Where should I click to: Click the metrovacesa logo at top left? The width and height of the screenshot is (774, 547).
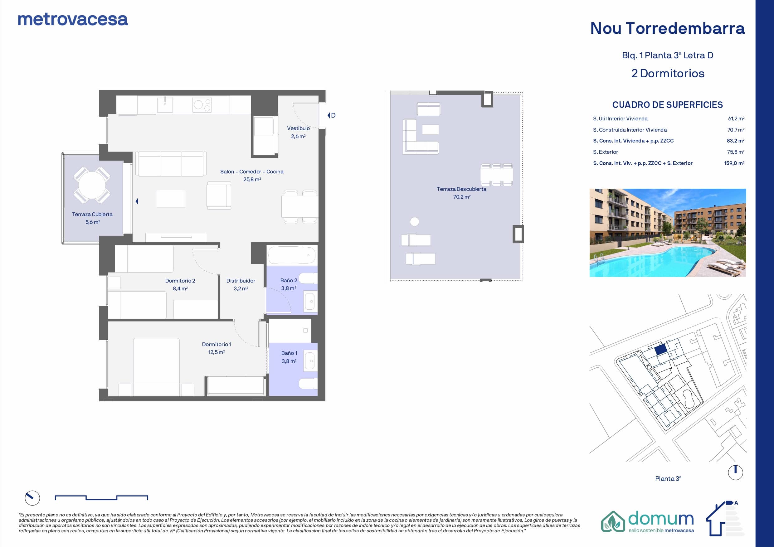click(x=73, y=20)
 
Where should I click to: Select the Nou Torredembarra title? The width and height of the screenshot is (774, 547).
click(x=668, y=28)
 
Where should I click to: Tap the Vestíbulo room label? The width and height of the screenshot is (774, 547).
click(x=298, y=128)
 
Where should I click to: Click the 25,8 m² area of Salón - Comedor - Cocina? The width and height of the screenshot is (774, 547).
click(x=252, y=179)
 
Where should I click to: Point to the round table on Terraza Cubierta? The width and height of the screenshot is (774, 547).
click(x=92, y=185)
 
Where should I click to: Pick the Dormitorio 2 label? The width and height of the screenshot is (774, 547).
click(x=180, y=280)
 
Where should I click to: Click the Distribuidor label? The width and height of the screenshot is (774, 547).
click(x=241, y=280)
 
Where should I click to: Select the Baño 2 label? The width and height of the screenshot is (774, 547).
click(x=289, y=280)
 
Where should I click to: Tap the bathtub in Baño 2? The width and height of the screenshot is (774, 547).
click(x=292, y=255)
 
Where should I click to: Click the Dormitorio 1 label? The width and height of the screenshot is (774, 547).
click(x=217, y=344)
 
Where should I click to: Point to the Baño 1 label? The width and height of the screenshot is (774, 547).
click(x=289, y=353)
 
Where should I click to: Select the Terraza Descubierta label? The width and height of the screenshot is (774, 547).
click(x=461, y=189)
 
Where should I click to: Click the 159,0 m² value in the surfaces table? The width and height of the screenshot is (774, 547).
click(x=734, y=163)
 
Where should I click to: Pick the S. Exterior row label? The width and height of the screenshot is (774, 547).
click(x=606, y=152)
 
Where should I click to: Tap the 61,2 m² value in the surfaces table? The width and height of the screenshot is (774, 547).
click(x=736, y=119)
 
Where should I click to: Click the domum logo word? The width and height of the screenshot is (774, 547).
click(x=661, y=518)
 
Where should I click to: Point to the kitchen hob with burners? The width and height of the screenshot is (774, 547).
click(x=202, y=105)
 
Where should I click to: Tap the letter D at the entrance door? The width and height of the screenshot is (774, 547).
click(x=333, y=115)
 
